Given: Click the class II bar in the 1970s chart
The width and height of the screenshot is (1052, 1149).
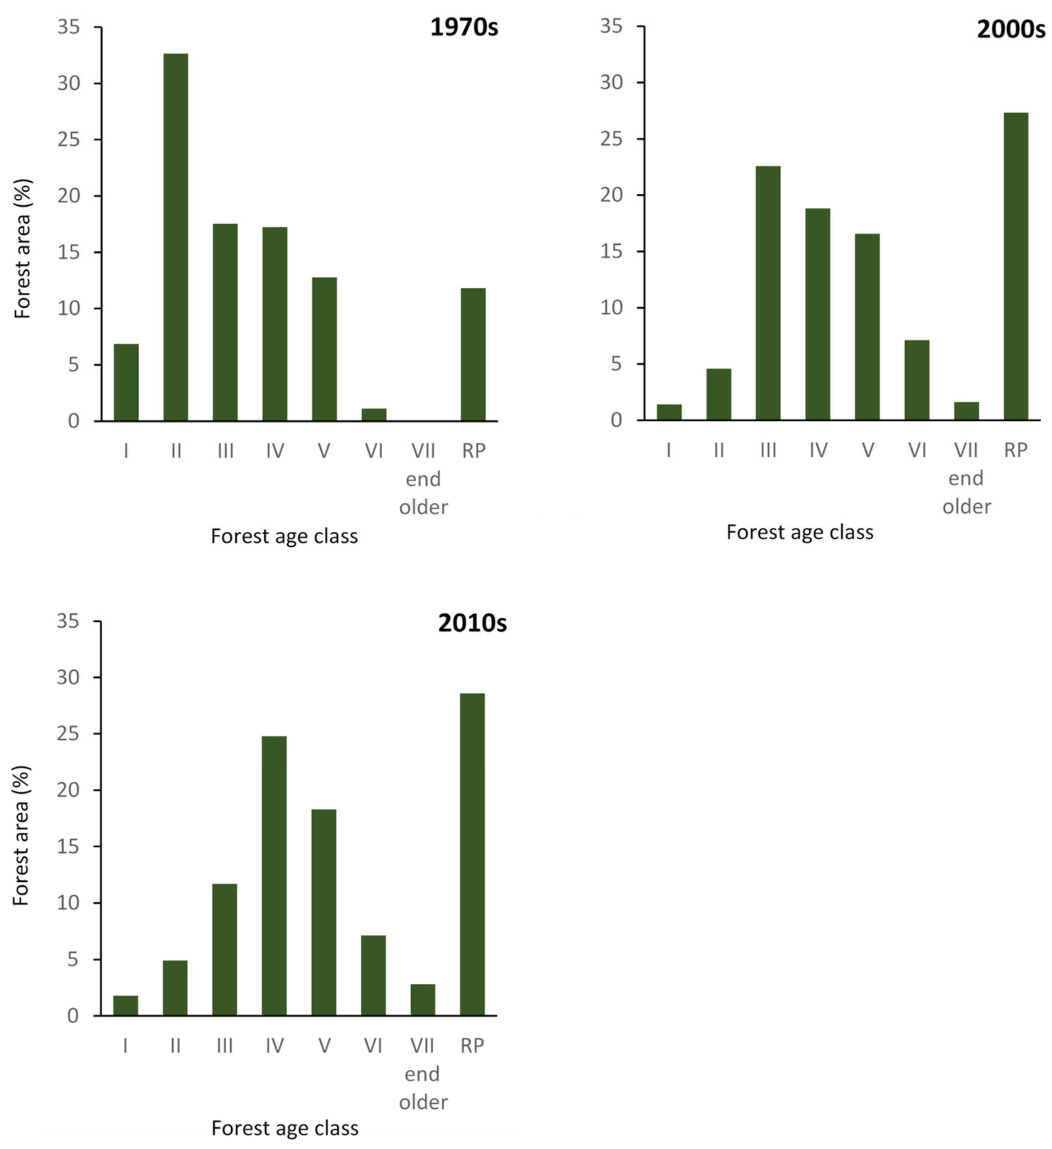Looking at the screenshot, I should coord(176,237).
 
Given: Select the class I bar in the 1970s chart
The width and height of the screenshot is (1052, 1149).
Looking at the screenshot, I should coord(126,382).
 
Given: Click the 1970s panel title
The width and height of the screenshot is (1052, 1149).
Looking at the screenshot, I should coord(463,27).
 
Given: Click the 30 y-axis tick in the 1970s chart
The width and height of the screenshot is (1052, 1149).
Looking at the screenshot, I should coord(69,83).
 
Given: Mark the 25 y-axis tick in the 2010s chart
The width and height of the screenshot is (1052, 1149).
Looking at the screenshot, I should coord(68,734).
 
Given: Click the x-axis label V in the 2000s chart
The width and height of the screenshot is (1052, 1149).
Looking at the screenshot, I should coord(867,450).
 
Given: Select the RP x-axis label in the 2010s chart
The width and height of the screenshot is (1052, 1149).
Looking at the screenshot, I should coord(472,1045).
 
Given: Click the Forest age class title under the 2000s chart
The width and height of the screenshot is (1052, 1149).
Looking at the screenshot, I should coord(799,532).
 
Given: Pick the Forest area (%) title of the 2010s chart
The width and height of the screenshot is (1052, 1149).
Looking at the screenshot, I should coord(21,836).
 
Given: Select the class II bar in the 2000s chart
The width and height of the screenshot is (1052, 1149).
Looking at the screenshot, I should coord(719,394).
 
